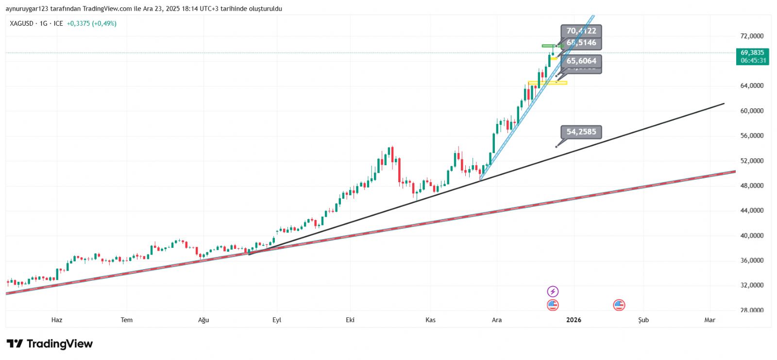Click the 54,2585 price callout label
click(x=581, y=132)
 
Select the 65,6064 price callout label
click(x=581, y=61)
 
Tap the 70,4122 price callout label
click(x=581, y=31)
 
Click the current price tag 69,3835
click(x=752, y=53)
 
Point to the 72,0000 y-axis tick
click(x=752, y=36)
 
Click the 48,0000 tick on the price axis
click(x=752, y=186)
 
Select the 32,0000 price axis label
click(x=752, y=285)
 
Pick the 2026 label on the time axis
click(x=574, y=320)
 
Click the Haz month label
click(x=57, y=320)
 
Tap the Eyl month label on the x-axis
click(x=277, y=320)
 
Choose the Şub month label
click(x=643, y=320)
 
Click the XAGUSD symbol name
click(x=22, y=23)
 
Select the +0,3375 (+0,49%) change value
click(x=91, y=23)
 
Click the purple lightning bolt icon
click(x=553, y=291)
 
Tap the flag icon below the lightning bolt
click(x=553, y=305)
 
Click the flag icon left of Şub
click(x=619, y=305)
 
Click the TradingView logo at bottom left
click(x=50, y=344)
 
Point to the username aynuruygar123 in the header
click(x=27, y=9)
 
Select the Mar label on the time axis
click(x=709, y=320)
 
